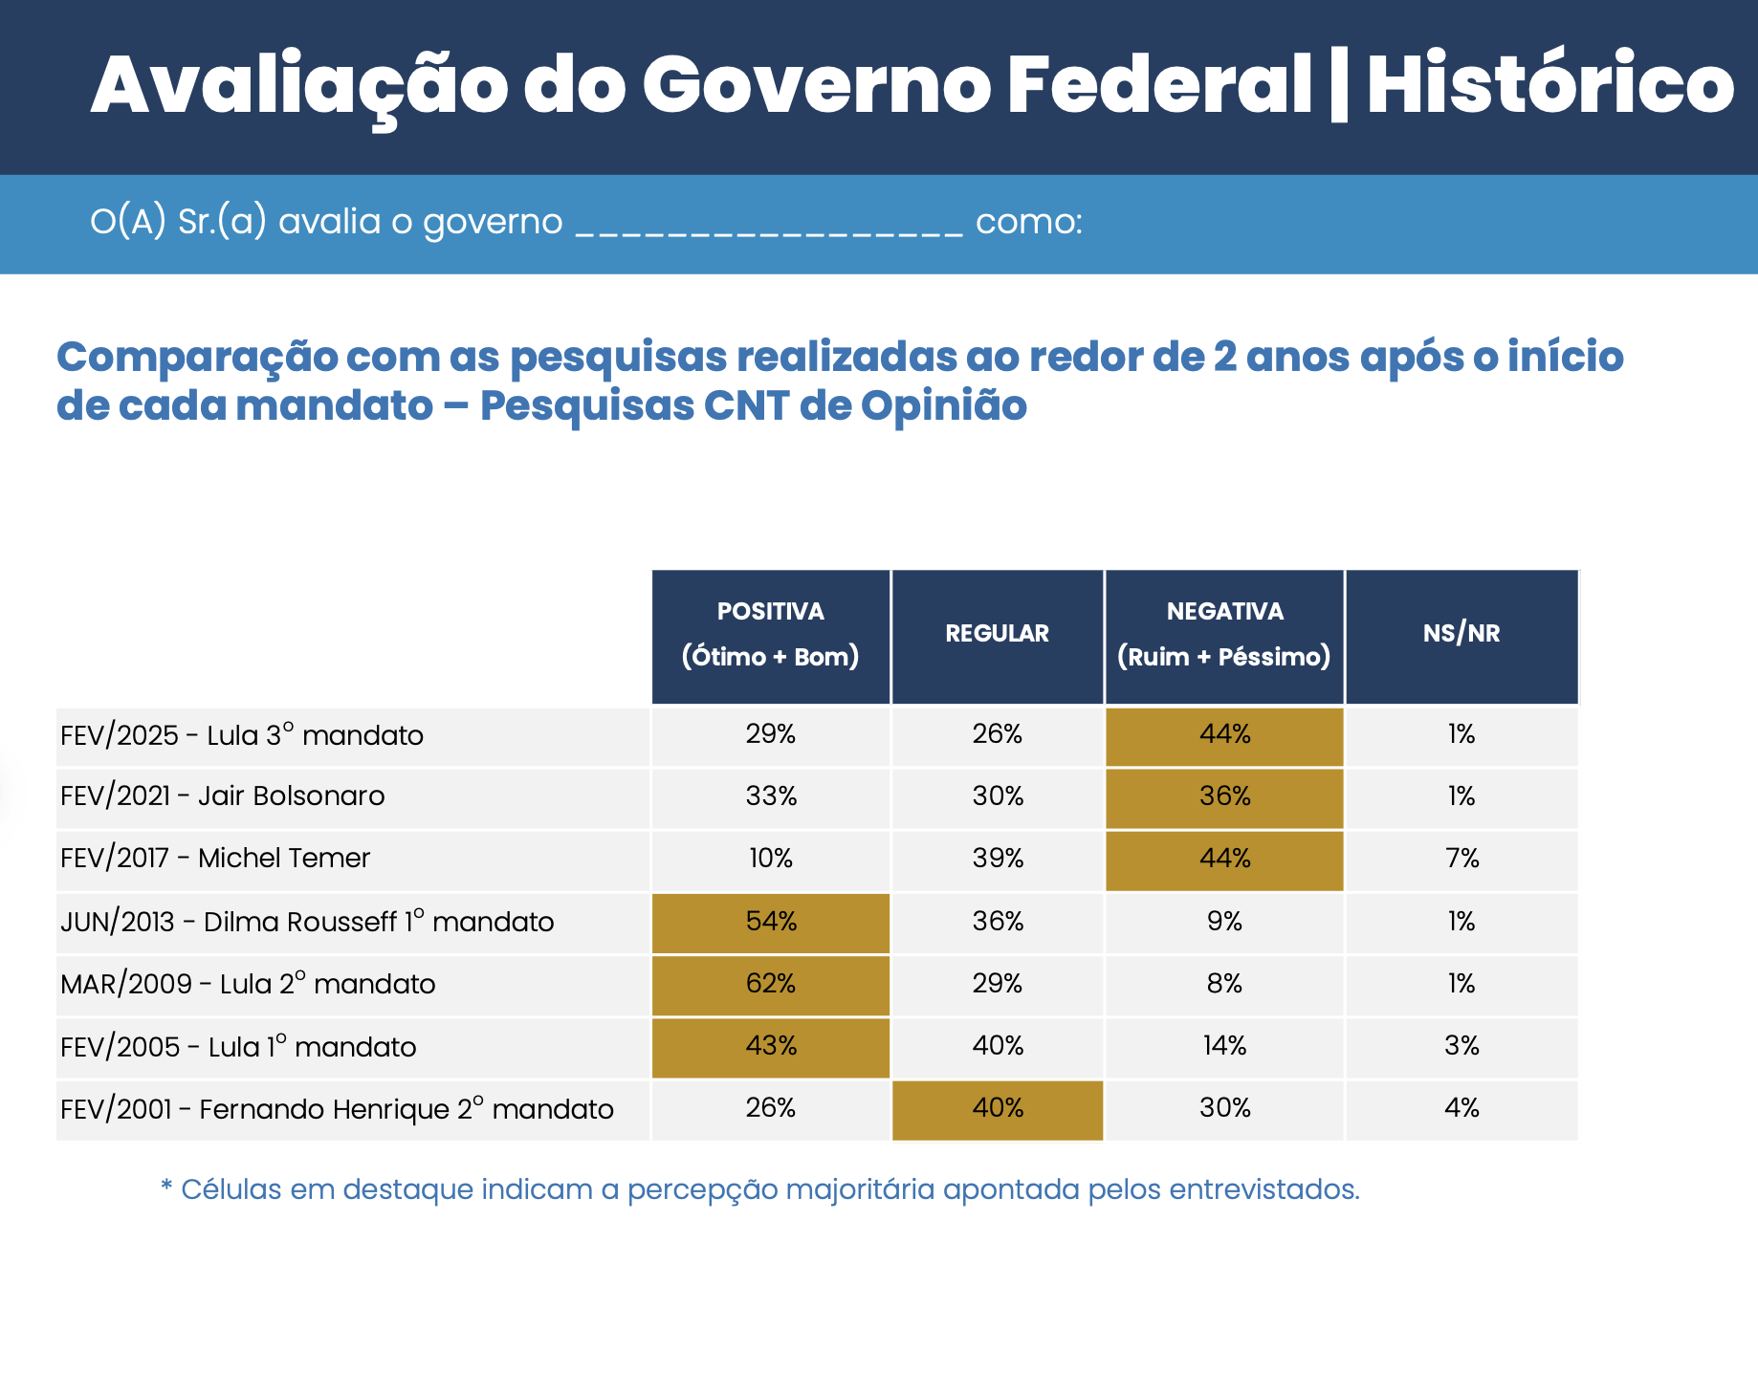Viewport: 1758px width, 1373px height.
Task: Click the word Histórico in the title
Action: (x=1549, y=86)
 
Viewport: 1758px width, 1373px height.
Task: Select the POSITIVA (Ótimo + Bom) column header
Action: (x=770, y=634)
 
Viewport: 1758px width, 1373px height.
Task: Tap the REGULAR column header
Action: (x=997, y=634)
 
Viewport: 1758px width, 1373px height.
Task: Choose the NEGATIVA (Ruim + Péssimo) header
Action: (x=1224, y=634)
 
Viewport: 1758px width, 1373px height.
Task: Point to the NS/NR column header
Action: (x=1461, y=634)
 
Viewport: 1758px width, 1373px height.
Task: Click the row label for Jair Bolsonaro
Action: (x=222, y=796)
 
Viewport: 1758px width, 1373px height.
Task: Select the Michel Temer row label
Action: (x=214, y=859)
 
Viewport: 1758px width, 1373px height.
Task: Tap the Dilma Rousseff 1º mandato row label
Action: (x=306, y=922)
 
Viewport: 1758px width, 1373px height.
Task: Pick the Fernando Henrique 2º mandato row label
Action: (x=337, y=1109)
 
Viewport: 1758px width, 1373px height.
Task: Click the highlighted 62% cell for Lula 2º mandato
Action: (x=771, y=984)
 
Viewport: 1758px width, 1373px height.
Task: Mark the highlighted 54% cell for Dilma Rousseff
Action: (x=771, y=922)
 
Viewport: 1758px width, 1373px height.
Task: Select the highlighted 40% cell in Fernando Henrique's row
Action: (x=998, y=1108)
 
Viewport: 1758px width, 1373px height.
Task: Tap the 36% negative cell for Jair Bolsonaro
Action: (x=1225, y=796)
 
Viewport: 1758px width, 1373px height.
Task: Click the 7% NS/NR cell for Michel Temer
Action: (x=1461, y=859)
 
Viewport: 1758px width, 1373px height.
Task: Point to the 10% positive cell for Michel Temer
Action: (x=771, y=859)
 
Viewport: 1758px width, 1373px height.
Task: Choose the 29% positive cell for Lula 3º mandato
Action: (x=771, y=734)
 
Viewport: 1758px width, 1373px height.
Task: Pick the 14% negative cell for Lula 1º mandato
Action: (x=1225, y=1046)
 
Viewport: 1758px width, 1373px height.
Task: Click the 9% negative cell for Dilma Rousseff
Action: (x=1225, y=922)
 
